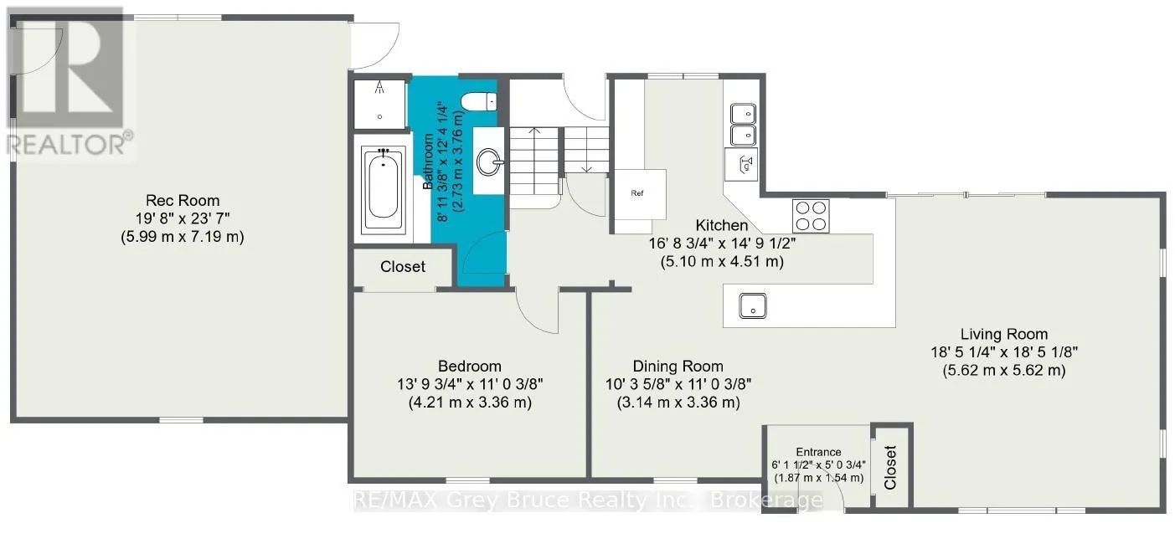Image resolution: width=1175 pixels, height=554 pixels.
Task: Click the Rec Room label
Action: coord(183,200)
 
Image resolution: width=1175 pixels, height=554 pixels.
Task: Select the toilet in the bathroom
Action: coord(478,101)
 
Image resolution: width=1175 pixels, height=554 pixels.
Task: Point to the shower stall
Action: coord(379,105)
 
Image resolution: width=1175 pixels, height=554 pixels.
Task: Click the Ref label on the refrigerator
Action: coord(636,193)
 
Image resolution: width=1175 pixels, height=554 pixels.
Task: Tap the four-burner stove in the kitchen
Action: coord(811,216)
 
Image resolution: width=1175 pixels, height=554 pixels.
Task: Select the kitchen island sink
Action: coord(753,305)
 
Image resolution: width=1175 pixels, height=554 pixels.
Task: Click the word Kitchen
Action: coord(722,225)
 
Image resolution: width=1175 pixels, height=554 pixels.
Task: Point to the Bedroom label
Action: coord(470,366)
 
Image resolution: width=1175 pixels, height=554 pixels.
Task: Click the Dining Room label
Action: coord(678,366)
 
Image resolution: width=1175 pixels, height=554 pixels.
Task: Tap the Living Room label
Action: coord(1004,334)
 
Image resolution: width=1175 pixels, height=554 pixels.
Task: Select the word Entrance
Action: coord(818,452)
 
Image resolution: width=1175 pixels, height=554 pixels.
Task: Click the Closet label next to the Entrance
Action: coord(890,468)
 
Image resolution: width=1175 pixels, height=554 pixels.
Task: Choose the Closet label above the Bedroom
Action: coord(402,267)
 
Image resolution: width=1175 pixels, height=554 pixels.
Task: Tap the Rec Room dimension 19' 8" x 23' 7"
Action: coord(183,218)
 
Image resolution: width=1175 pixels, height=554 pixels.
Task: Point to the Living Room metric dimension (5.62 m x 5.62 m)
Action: coord(1004,371)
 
